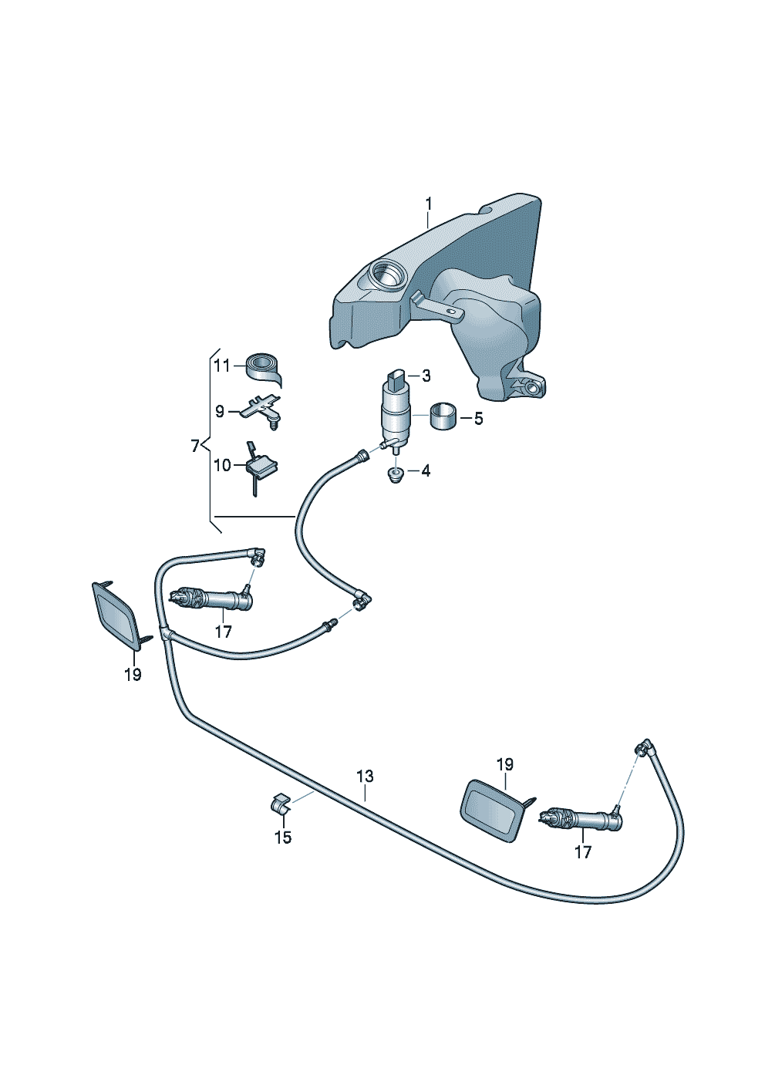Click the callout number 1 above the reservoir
429,204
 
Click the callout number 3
426,376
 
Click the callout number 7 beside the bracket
195,445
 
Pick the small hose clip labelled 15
281,805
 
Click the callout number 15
283,837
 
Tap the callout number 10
222,465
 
